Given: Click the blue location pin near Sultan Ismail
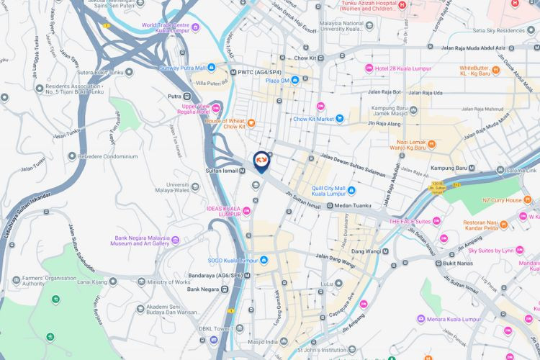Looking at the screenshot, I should point(261,161).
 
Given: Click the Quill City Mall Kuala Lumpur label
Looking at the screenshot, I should point(329,192).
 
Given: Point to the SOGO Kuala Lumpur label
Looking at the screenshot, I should point(233,260).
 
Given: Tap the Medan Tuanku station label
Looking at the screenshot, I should point(354,206).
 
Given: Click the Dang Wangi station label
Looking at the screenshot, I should point(366,251).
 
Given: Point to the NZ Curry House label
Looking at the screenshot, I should point(503,200).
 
